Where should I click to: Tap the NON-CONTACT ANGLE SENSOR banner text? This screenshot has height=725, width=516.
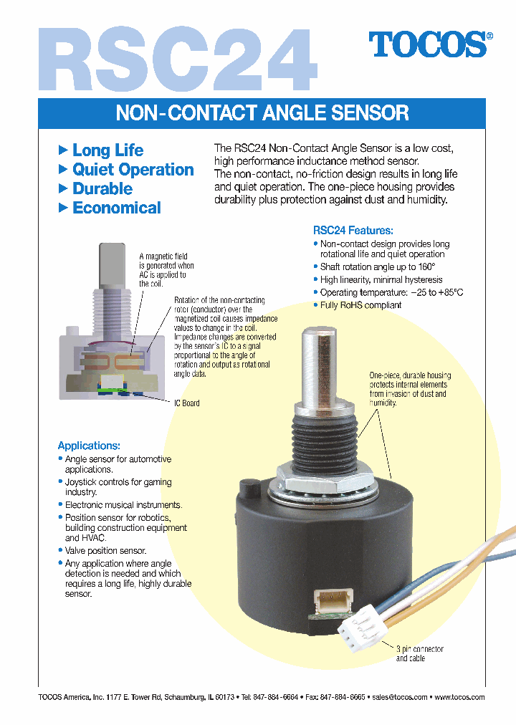(262, 112)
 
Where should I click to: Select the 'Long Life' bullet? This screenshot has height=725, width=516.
(107, 150)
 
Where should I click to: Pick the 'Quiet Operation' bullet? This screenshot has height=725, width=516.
(133, 170)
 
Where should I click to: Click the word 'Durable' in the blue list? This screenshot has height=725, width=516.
(102, 189)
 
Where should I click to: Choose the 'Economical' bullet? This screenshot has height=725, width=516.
(116, 208)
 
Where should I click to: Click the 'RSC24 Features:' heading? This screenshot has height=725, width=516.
(353, 231)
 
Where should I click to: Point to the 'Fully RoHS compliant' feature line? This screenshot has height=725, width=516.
(360, 305)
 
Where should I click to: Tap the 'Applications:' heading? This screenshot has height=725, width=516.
(89, 445)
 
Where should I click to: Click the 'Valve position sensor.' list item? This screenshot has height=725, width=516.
(105, 551)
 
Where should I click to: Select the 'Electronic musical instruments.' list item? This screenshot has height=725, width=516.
(123, 505)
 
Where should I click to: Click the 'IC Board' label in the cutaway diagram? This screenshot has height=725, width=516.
(186, 403)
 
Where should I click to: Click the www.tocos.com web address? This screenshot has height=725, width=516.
(459, 697)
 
